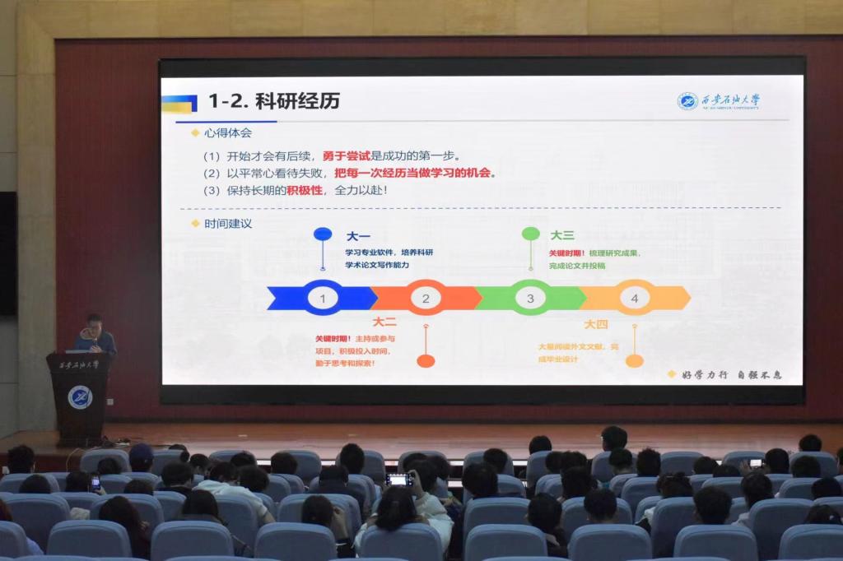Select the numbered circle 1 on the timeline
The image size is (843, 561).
click(x=323, y=298)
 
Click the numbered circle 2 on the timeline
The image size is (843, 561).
click(x=426, y=298)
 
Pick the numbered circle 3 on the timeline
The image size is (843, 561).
click(x=530, y=298)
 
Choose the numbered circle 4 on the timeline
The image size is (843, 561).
click(x=634, y=298)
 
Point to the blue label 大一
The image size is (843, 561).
click(x=358, y=236)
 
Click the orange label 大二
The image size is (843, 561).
click(x=384, y=322)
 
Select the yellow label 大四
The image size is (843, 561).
click(x=595, y=324)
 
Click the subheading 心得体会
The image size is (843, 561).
click(x=227, y=132)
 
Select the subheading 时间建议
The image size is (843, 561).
click(x=227, y=223)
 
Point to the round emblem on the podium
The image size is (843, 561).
click(x=80, y=397)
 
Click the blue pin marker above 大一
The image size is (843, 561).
click(x=323, y=234)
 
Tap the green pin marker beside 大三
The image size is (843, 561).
click(x=530, y=234)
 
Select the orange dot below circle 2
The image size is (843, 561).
click(x=426, y=360)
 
